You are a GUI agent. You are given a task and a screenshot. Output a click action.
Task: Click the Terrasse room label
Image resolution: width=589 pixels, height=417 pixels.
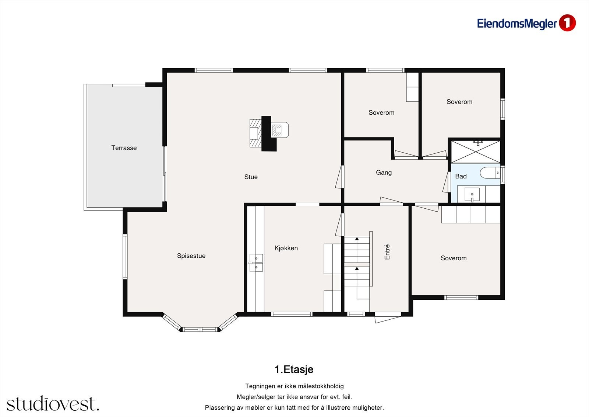(124, 148)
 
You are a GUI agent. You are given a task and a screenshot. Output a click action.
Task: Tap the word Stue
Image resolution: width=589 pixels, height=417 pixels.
(251, 177)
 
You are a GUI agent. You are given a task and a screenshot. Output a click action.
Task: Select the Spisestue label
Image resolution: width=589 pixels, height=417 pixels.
(191, 256)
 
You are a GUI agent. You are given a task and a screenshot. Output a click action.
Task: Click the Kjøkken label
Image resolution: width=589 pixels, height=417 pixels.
(286, 248)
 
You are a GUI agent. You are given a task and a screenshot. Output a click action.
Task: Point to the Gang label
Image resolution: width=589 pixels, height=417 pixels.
(384, 173)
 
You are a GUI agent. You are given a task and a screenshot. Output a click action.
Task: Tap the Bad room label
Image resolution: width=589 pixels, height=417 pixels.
(461, 176)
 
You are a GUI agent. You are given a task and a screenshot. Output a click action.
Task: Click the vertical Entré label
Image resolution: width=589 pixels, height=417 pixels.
(387, 252)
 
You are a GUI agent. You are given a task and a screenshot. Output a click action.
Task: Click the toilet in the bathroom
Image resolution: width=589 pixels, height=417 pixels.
(490, 173)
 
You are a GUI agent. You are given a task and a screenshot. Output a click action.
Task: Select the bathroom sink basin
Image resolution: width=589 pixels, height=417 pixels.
(472, 194)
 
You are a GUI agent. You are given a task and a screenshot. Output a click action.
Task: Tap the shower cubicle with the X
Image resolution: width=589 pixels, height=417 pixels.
(476, 152)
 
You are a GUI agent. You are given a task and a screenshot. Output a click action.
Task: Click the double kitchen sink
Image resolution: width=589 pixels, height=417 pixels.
(256, 263)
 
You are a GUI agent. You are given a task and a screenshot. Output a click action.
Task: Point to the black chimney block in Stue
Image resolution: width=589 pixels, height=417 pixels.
(268, 134)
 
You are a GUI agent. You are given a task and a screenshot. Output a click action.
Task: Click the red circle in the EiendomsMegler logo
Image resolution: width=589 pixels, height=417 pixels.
(567, 23)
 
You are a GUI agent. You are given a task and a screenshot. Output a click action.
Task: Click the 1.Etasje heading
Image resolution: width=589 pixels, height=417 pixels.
(294, 369)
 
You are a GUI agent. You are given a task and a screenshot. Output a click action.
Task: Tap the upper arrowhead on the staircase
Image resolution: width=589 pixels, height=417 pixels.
(357, 239)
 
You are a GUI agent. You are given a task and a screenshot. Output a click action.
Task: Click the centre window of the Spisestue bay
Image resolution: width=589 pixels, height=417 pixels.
(200, 329)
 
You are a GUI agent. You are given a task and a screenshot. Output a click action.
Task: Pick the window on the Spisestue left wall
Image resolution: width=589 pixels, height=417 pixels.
(125, 257)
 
